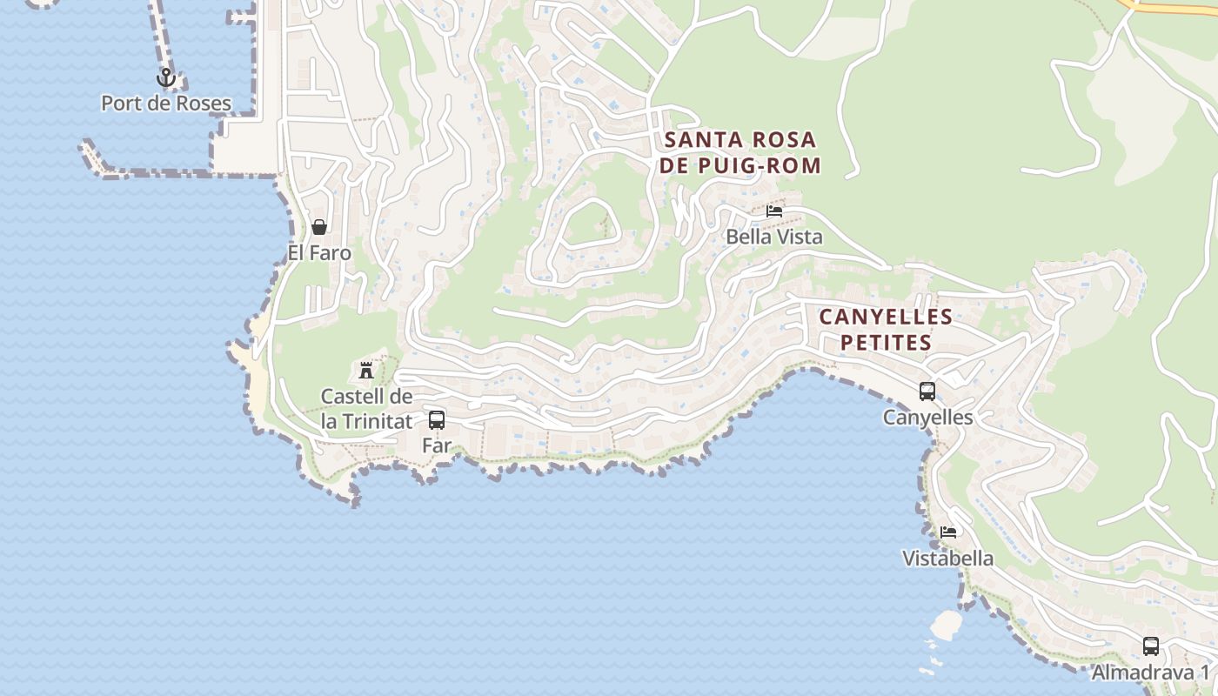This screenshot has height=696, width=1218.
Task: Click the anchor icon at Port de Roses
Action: pos(165,78)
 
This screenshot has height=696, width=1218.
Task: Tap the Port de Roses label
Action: pos(166,104)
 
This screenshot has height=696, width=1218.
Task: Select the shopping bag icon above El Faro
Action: pos(319,227)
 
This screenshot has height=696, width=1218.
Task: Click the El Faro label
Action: pos(319,253)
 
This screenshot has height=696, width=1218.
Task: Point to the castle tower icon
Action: pos(366,370)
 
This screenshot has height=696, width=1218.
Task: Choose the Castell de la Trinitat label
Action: pos(366,409)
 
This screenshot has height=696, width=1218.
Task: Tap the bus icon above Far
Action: pos(437,420)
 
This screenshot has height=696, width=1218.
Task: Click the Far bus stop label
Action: pos(437,445)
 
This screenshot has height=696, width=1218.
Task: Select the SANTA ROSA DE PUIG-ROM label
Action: pos(740,152)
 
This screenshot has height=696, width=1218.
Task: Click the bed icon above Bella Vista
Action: pos(774,211)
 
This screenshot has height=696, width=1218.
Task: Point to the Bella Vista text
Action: pos(773,237)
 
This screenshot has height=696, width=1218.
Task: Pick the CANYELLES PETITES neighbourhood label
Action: pos(886,330)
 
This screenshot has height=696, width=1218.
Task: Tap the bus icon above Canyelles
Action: pos(927,391)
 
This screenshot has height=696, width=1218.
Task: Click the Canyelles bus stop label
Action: pos(927,418)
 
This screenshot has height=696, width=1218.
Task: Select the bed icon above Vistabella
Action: pos(948,532)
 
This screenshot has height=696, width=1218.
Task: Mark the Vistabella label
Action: pos(947,559)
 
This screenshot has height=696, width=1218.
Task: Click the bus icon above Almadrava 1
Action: pos(1151,646)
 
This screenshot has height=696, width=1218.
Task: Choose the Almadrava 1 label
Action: pos(1150,673)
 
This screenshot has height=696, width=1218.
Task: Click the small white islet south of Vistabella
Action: pos(945,623)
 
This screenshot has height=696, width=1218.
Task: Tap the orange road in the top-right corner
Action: pos(1174,8)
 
